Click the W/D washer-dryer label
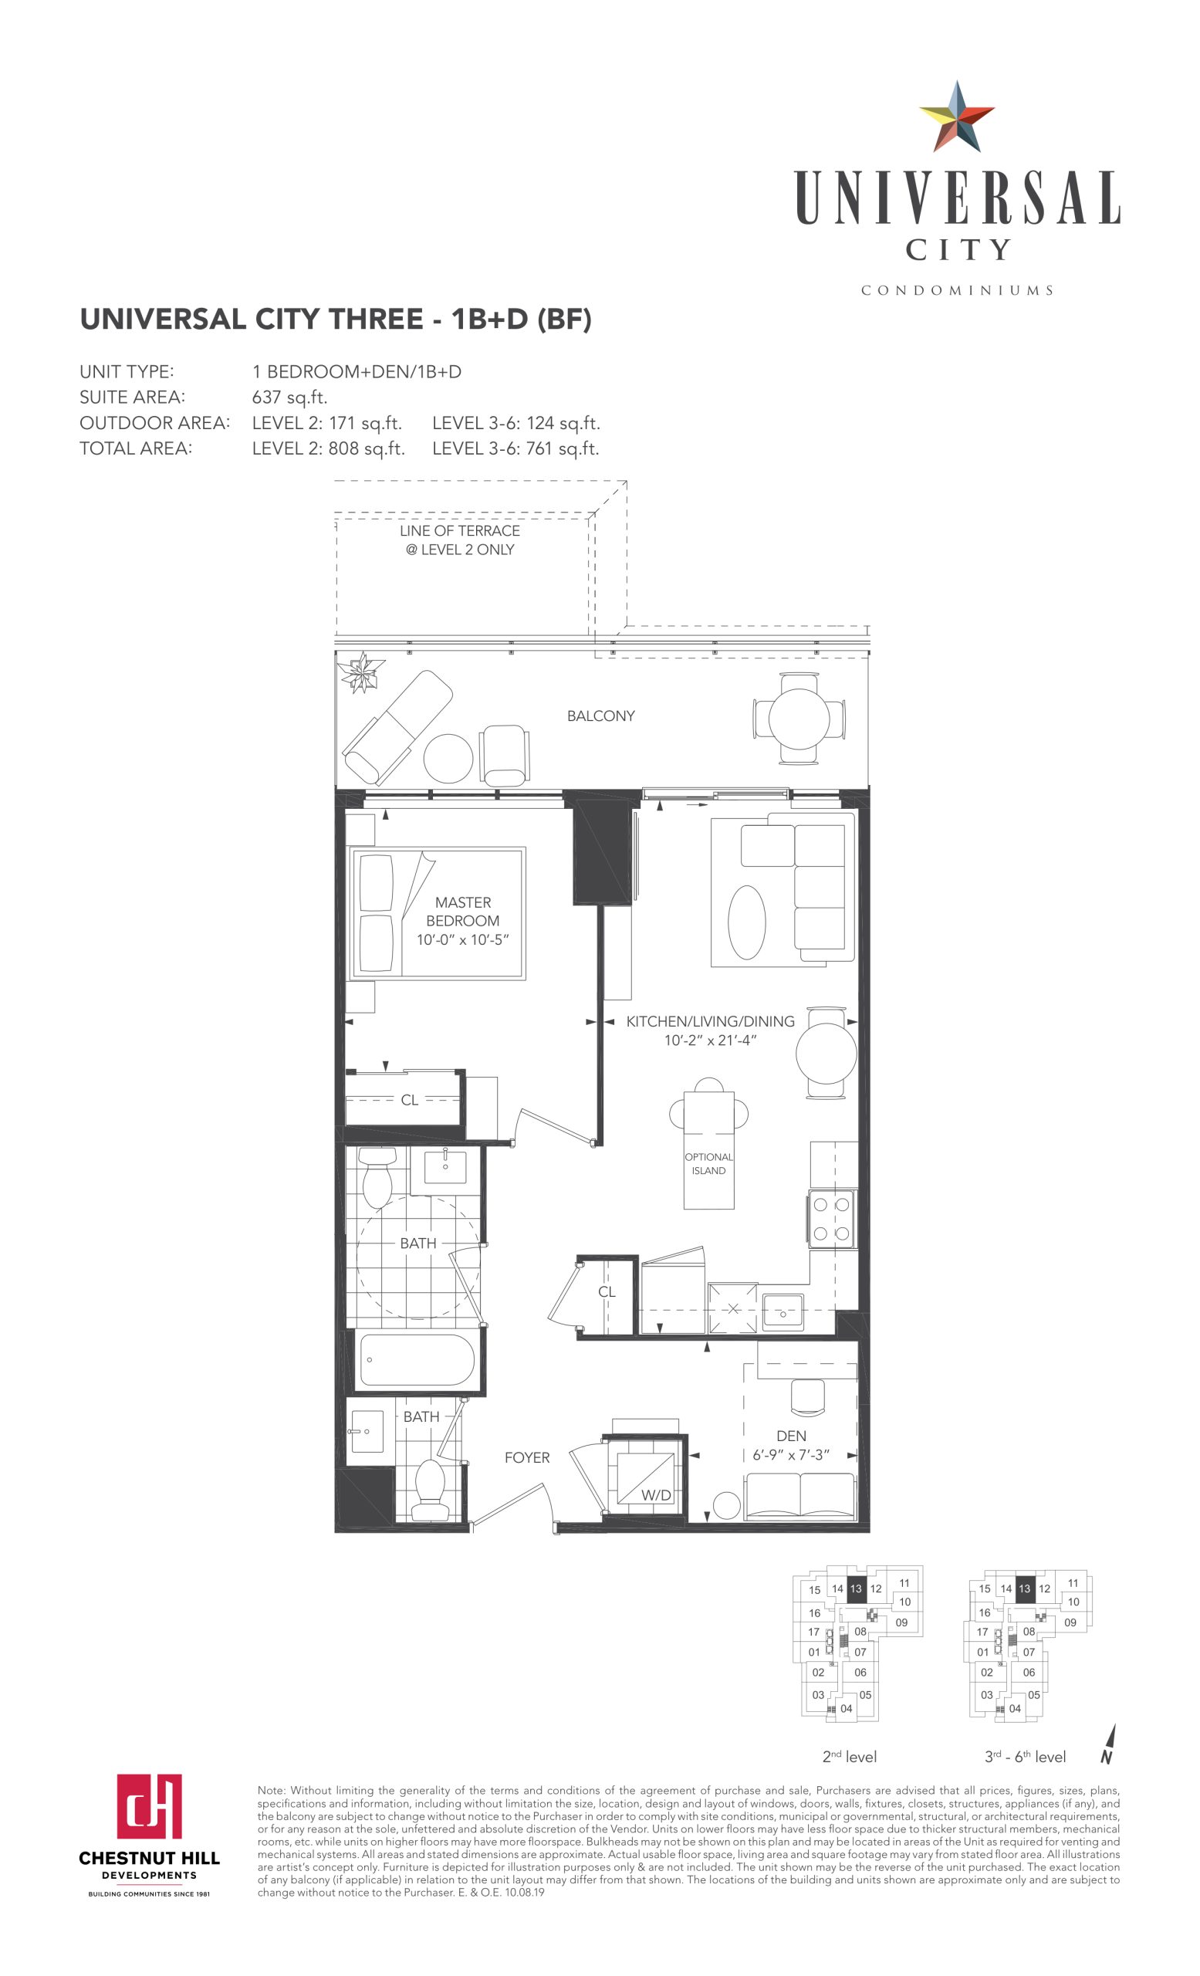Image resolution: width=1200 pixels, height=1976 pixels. tap(655, 1495)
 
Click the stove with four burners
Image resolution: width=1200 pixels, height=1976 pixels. tap(831, 1219)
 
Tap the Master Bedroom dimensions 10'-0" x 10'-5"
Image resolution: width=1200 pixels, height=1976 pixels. tap(462, 940)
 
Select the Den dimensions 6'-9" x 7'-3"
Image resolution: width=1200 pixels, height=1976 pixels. tap(790, 1455)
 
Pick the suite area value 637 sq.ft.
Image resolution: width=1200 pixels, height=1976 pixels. tap(289, 398)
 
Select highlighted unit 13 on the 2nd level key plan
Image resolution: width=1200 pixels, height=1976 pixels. tap(856, 1589)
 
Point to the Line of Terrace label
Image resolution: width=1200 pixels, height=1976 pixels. tap(459, 540)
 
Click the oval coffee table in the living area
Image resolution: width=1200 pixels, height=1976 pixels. tap(746, 922)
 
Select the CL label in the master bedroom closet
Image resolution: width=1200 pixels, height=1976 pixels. tap(410, 1100)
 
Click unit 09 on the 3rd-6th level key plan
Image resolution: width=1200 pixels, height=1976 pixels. tap(1070, 1622)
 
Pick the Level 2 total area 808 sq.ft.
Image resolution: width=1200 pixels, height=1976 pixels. tap(329, 449)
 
